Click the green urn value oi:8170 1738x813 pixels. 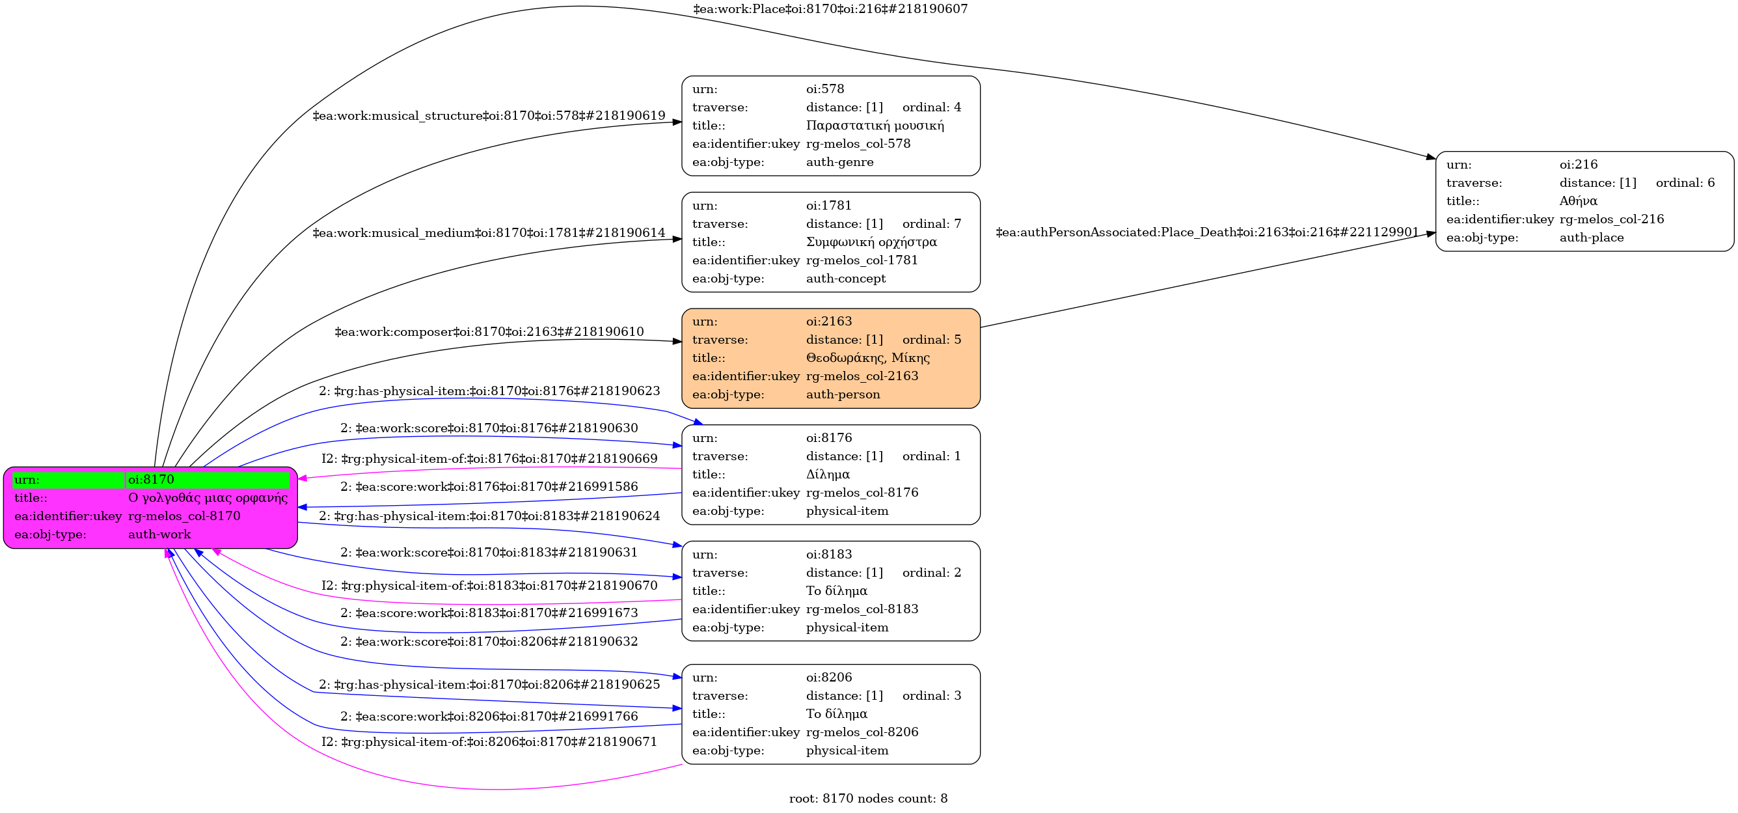pos(151,480)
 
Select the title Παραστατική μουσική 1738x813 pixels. pos(875,126)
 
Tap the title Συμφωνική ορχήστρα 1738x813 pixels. pos(871,241)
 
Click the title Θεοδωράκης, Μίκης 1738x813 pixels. pos(867,357)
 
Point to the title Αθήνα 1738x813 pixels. pos(1578,201)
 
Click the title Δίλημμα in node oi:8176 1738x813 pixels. pos(828,475)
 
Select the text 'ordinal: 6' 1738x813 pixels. pos(1685,183)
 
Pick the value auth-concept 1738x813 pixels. pos(845,279)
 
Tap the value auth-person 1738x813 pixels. pos(843,394)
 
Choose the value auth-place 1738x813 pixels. pos(1591,238)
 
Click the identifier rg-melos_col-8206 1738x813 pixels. pos(862,732)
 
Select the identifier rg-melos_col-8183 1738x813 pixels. pos(862,609)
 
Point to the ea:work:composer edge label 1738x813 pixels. pos(489,332)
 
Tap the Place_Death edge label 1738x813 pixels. pos(1207,232)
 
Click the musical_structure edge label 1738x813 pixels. pos(489,116)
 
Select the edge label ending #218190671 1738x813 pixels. pos(489,742)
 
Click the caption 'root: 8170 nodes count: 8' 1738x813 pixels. pos(868,799)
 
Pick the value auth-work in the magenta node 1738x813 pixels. pos(159,534)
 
